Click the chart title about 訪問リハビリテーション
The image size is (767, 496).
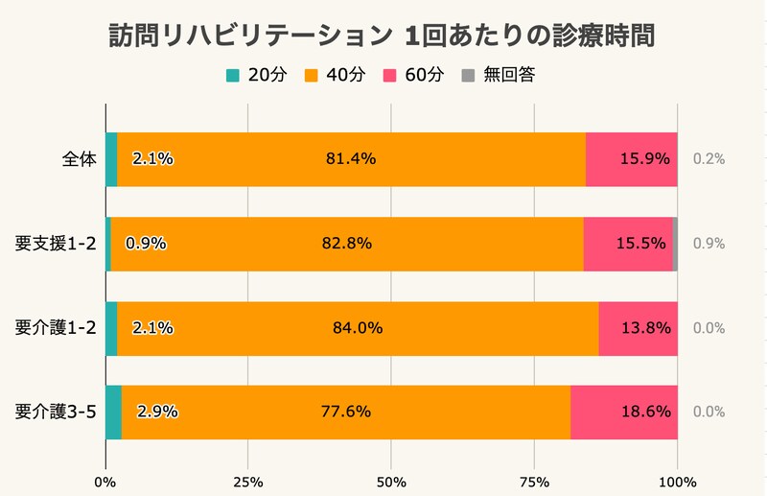click(x=383, y=35)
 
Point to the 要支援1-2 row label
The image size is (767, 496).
click(x=57, y=244)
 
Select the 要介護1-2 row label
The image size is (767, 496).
click(x=57, y=328)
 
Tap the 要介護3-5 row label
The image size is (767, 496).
click(x=57, y=413)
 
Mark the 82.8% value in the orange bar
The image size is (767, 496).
click(x=346, y=244)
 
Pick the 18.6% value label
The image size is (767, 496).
click(x=643, y=413)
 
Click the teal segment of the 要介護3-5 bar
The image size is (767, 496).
click(x=113, y=413)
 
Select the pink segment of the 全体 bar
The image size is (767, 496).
click(x=631, y=159)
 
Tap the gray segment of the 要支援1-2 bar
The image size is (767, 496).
click(x=675, y=244)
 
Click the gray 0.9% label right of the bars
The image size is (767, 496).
click(x=709, y=244)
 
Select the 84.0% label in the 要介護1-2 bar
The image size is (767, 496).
click(x=358, y=328)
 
